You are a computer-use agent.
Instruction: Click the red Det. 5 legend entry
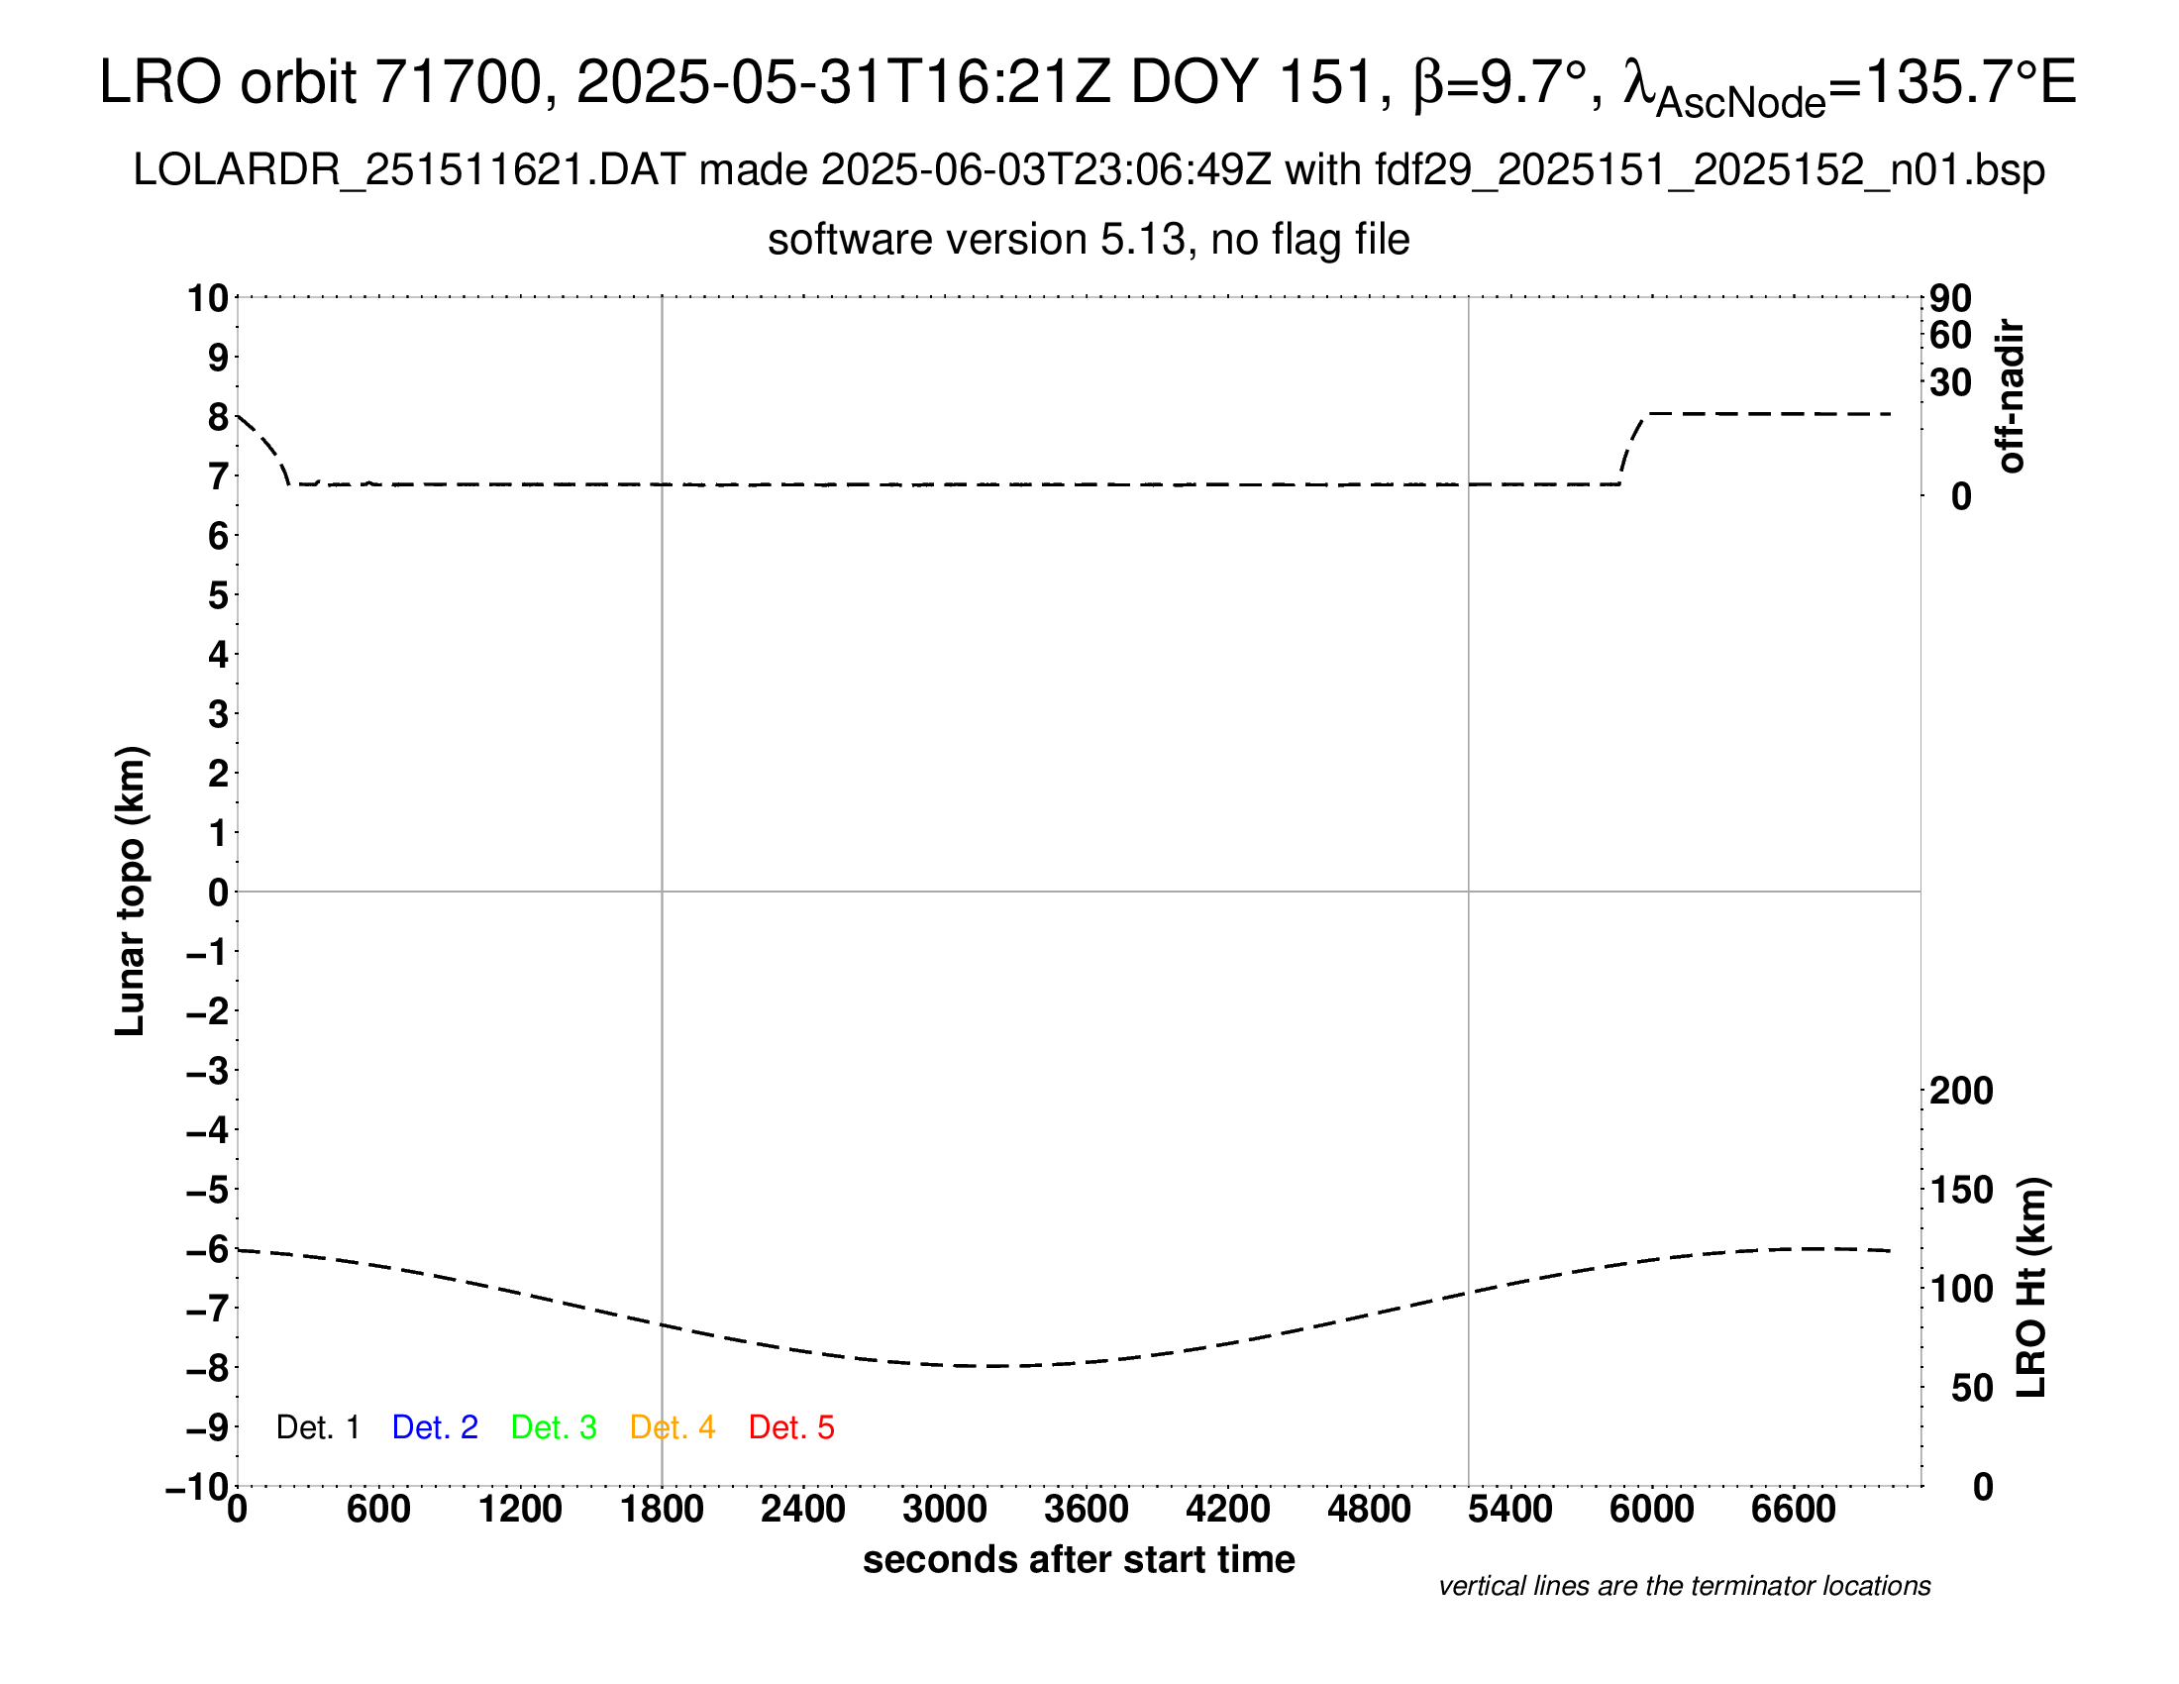point(790,1427)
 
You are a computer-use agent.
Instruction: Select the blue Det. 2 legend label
point(435,1427)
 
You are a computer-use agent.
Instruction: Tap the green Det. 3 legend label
point(554,1427)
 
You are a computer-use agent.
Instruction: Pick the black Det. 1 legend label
point(317,1427)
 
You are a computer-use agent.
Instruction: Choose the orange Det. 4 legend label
point(673,1427)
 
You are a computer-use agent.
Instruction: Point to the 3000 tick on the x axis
point(944,1509)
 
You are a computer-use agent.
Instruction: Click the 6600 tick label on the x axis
point(1793,1509)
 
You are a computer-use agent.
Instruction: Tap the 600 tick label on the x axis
point(378,1509)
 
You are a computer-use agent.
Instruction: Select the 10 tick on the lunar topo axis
point(209,298)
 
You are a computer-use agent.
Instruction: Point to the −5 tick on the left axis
point(209,1190)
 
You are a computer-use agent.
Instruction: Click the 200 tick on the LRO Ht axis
point(1961,1091)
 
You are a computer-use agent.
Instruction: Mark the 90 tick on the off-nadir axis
point(1950,298)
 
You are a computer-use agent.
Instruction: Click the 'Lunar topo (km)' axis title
point(131,891)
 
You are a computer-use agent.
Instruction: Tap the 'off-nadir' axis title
point(2012,396)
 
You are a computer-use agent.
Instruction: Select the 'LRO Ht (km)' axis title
point(2031,1288)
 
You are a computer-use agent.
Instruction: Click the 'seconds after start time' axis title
point(1079,1559)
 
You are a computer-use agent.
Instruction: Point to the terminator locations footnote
point(1684,1586)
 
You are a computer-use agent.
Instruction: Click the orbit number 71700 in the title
point(457,82)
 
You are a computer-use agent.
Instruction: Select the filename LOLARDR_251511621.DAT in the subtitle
point(409,170)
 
